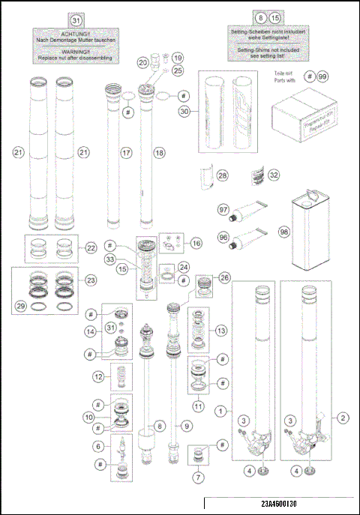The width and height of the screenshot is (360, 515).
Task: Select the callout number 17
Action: coord(127,152)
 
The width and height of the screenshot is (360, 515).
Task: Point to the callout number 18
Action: coord(157,152)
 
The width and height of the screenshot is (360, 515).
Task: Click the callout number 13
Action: coord(220,331)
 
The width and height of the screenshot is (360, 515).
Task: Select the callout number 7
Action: coord(196,477)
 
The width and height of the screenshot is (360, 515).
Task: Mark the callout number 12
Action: coord(97,376)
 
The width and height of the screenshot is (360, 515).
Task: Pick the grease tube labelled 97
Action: coord(246,211)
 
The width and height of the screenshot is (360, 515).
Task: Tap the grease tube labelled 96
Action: coord(245,238)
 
